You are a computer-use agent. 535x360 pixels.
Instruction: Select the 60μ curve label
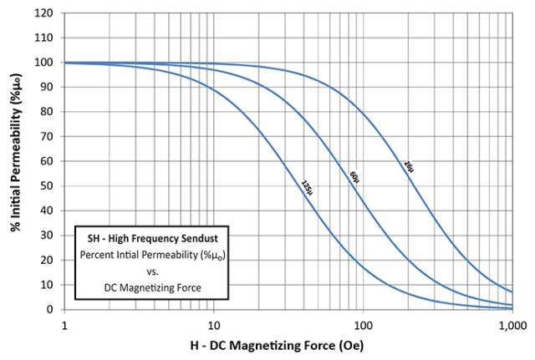click(354, 178)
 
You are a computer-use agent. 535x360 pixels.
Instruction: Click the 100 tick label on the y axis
click(48, 63)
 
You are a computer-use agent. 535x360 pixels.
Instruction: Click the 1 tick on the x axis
click(64, 322)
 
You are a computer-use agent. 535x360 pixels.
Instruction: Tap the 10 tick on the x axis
click(213, 322)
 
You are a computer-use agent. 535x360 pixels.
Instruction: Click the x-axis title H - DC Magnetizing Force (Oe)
click(288, 344)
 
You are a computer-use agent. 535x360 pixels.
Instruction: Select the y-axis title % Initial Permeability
click(15, 162)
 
